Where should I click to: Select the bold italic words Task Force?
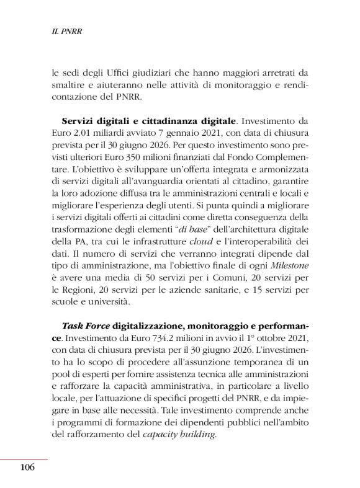coord(85,325)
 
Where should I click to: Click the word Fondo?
coord(237,158)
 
